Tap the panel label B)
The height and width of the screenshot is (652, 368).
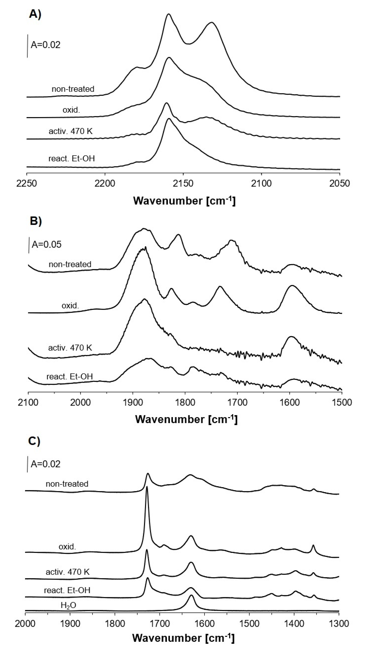coord(36,221)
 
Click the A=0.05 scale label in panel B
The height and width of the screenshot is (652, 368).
coord(46,244)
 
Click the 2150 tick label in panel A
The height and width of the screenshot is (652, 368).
coord(183,183)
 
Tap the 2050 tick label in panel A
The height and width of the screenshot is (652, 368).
coord(339,183)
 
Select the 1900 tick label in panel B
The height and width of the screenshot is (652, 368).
coord(132,402)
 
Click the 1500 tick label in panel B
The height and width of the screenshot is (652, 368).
coord(342,402)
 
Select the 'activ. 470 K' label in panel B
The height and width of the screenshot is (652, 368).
coord(70,348)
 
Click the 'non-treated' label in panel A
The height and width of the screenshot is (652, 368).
coord(73,89)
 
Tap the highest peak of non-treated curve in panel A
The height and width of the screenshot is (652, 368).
coord(169,14)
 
